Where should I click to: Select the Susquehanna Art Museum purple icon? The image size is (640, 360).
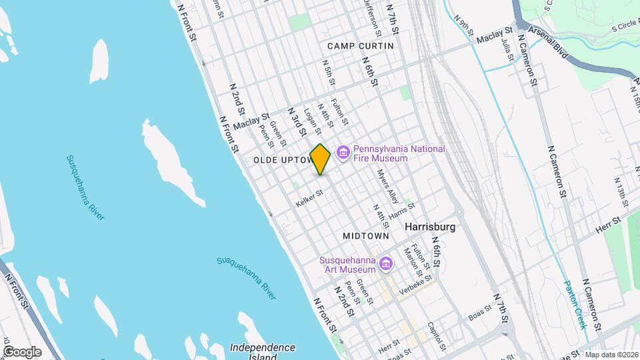coord(384,265)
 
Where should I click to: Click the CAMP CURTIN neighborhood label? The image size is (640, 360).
coord(360,46)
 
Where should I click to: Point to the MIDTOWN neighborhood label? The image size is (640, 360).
coord(365,237)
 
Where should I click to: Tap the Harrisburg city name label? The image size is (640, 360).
coord(430,227)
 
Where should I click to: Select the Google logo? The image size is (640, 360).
coord(21,351)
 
